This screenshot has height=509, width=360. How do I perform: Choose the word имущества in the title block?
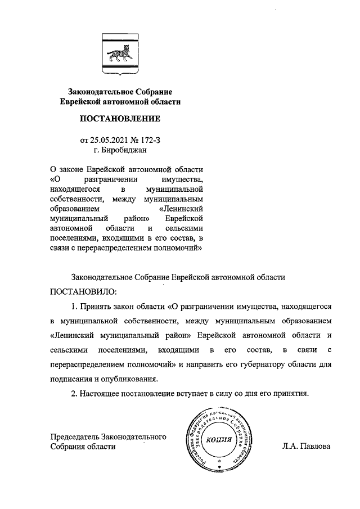(x=180, y=179)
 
